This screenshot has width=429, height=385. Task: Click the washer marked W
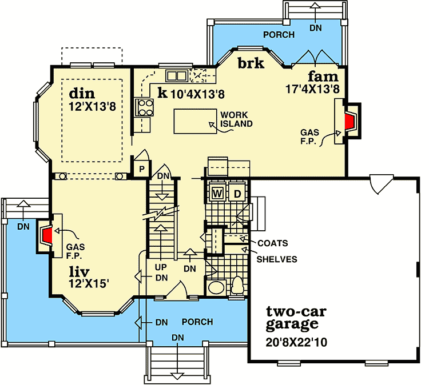pos(217,192)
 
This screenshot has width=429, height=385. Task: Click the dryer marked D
pos(237,192)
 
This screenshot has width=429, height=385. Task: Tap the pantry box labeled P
pos(140,169)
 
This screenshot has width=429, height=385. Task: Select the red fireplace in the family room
pos(348,122)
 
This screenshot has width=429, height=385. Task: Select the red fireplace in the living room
pos(47,235)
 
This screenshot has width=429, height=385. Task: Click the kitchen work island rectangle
pos(195,121)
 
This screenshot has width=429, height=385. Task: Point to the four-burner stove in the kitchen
pos(144,106)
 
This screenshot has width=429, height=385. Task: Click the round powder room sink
pos(216,287)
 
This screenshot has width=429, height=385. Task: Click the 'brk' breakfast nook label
pos(251,63)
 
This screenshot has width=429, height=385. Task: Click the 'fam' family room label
pos(323,76)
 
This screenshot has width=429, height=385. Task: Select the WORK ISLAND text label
pos(236,119)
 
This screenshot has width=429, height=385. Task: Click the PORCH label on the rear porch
pos(279,35)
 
